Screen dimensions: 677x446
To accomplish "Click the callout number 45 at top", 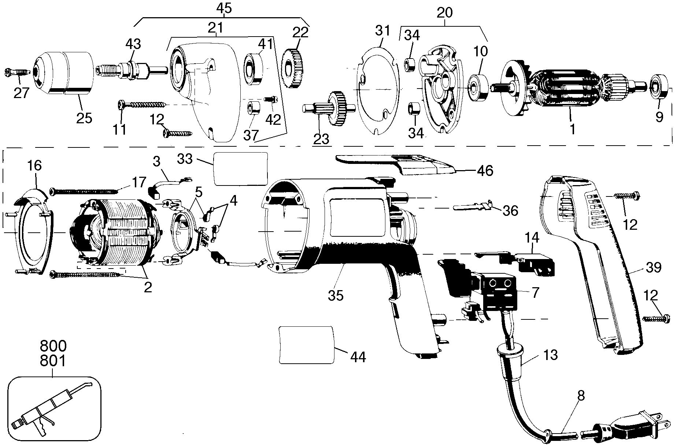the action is [224, 8].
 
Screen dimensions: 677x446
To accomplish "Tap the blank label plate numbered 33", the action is [240, 169].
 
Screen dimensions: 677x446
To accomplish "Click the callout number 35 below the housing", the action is [336, 295].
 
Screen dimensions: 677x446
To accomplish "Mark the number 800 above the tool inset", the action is [53, 346].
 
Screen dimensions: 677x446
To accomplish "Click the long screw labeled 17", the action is [85, 191].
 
